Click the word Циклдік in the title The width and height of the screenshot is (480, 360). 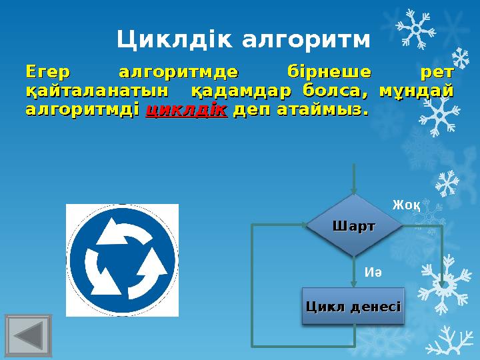tap(175, 41)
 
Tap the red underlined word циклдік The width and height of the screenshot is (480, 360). tap(186, 109)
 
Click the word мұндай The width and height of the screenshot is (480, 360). tap(416, 89)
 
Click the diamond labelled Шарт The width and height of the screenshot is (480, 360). tap(354, 226)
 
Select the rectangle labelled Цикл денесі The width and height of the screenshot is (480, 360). tap(353, 306)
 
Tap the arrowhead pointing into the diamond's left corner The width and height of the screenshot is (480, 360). tap(301, 226)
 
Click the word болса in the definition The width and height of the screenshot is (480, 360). tap(333, 89)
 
